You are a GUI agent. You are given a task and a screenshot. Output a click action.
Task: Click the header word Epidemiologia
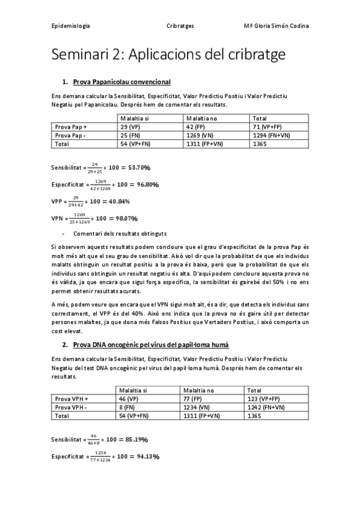pyautogui.click(x=72, y=26)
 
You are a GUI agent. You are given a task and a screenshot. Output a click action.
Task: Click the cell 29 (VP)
pyautogui.click(x=130, y=127)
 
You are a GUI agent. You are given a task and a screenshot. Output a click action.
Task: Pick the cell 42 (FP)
pyautogui.click(x=196, y=127)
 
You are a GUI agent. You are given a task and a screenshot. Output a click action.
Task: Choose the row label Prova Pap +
pyautogui.click(x=71, y=127)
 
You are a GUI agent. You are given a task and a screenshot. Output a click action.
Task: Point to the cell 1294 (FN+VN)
pyautogui.click(x=271, y=135)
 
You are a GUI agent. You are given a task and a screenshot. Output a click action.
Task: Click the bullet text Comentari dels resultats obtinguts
pyautogui.click(x=120, y=233)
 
